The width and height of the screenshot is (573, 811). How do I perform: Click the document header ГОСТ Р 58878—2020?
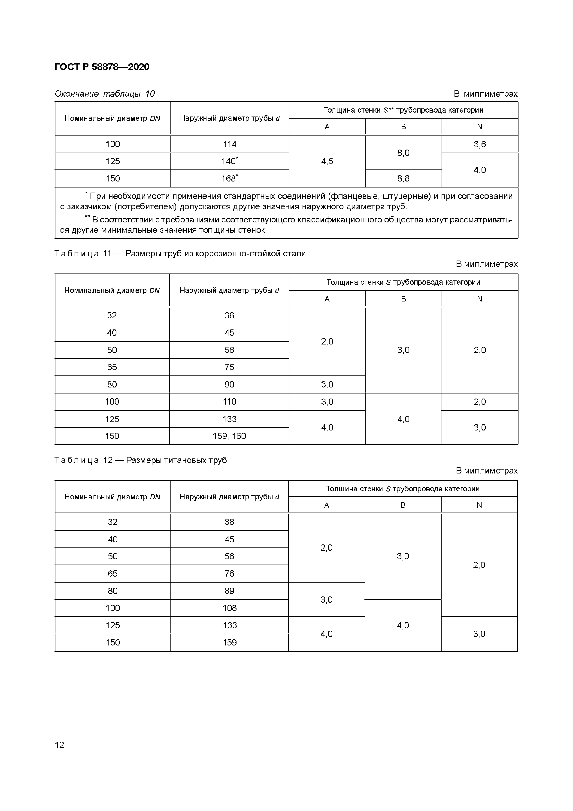[102, 67]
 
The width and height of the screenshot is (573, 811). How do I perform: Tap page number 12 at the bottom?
[59, 745]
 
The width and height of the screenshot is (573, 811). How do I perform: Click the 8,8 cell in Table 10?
[403, 178]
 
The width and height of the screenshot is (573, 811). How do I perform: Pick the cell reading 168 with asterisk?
[230, 178]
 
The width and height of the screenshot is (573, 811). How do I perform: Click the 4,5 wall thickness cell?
[327, 161]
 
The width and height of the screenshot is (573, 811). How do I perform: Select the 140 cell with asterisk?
[230, 161]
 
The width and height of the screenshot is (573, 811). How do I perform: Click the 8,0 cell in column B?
[403, 153]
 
